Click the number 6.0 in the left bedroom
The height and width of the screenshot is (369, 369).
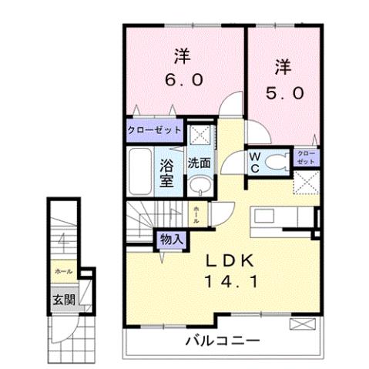coord(183,79)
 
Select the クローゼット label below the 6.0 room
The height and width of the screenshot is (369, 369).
coord(153,129)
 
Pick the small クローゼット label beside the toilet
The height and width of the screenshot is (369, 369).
coord(306,160)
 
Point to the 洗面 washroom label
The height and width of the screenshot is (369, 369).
coord(199,163)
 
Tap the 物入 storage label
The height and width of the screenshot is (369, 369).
coord(171,240)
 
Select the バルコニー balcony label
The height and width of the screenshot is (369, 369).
coord(222,340)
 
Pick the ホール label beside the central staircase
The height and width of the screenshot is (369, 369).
coord(197,213)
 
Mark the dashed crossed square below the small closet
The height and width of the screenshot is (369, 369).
coord(307,184)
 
